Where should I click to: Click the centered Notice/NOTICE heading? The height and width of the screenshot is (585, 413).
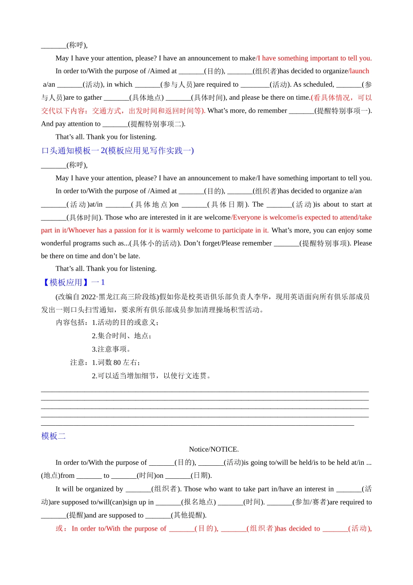213,449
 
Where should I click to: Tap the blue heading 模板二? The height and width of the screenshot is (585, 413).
53,436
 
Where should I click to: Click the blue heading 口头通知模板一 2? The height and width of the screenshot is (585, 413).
117,151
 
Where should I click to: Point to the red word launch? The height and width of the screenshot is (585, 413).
359,71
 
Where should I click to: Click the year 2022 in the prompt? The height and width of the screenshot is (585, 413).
89,297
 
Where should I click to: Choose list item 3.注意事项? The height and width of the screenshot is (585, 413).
111,349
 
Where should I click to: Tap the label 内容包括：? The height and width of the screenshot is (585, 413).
73,323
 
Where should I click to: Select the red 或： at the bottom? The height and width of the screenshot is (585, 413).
61,528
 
